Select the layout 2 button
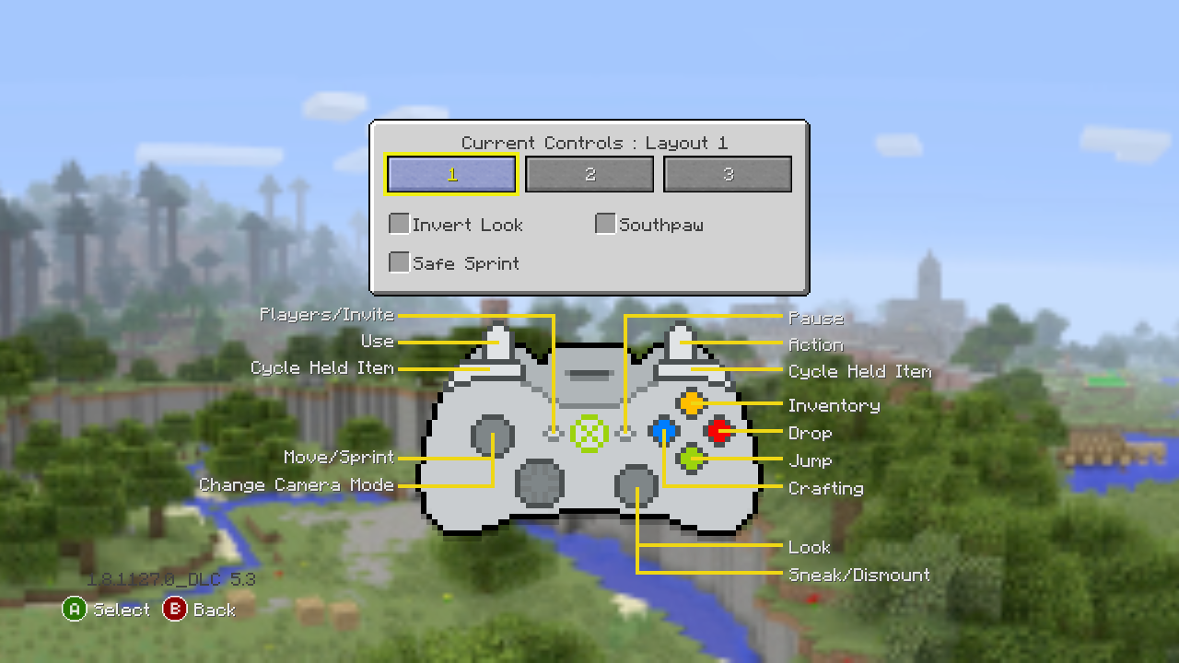pyautogui.click(x=589, y=174)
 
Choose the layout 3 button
pyautogui.click(x=728, y=174)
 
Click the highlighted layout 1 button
pyautogui.click(x=451, y=174)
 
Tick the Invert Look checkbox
pyautogui.click(x=399, y=224)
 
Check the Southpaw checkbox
pyautogui.click(x=605, y=224)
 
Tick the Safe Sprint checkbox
pyautogui.click(x=399, y=262)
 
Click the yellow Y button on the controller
pyautogui.click(x=691, y=403)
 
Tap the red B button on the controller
pyautogui.click(x=718, y=430)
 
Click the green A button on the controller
pyautogui.click(x=691, y=458)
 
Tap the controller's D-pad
pyautogui.click(x=540, y=482)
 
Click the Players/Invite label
pyautogui.click(x=327, y=315)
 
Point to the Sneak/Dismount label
pyautogui.click(x=859, y=575)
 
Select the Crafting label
pyautogui.click(x=826, y=488)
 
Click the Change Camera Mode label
pyautogui.click(x=297, y=484)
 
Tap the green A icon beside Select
pyautogui.click(x=75, y=609)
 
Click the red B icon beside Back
pyautogui.click(x=174, y=609)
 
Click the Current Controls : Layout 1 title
pyautogui.click(x=594, y=143)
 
